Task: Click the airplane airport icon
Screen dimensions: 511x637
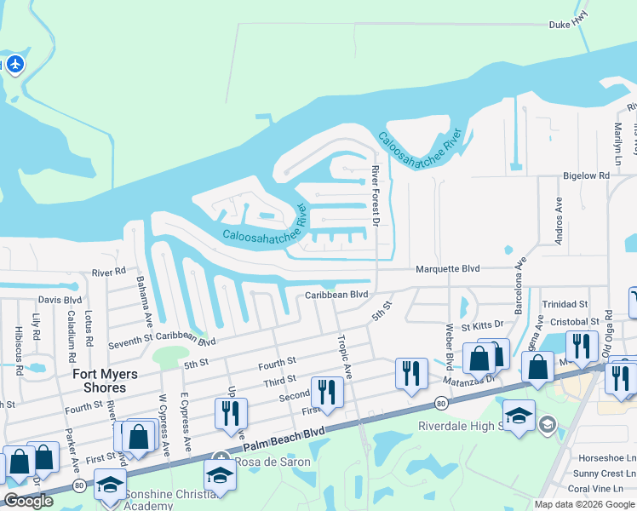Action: (14, 64)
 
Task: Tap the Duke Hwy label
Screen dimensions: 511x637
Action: (569, 49)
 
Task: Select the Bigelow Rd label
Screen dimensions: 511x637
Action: (586, 175)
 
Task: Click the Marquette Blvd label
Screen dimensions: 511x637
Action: (447, 268)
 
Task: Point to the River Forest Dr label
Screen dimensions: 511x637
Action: (375, 196)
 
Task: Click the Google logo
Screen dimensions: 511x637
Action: (29, 501)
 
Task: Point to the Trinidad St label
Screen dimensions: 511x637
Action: (565, 304)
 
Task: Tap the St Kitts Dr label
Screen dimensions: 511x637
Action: (482, 325)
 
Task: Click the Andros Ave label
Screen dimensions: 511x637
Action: (560, 221)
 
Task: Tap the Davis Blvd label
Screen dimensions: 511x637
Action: (60, 300)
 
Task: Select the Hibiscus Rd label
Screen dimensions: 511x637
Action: (18, 343)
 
